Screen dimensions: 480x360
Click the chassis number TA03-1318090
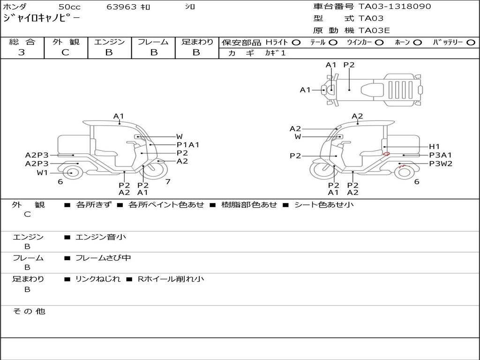pyautogui.click(x=395, y=7)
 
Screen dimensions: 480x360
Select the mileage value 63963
pyautogui.click(x=121, y=7)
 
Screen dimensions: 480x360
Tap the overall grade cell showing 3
pyautogui.click(x=22, y=52)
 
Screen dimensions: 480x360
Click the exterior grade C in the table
pyautogui.click(x=65, y=52)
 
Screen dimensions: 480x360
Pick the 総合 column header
pyautogui.click(x=22, y=42)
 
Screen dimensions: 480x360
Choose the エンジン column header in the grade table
pyautogui.click(x=109, y=42)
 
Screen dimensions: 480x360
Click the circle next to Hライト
pyautogui.click(x=296, y=43)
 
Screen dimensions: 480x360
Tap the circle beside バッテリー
pyautogui.click(x=471, y=43)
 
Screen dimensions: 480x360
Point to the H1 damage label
pyautogui.click(x=435, y=146)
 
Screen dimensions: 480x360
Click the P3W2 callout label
pyautogui.click(x=441, y=164)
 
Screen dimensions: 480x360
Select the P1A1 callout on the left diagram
pyautogui.click(x=187, y=145)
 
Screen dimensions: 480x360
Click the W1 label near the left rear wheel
pyautogui.click(x=43, y=172)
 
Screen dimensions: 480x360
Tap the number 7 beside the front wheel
pyautogui.click(x=167, y=181)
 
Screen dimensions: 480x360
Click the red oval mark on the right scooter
pyautogui.click(x=386, y=153)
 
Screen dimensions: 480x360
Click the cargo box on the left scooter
pyautogui.click(x=73, y=143)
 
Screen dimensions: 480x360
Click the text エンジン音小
pyautogui.click(x=101, y=237)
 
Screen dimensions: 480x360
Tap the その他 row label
pyautogui.click(x=29, y=311)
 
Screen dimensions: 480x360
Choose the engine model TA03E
pyautogui.click(x=374, y=30)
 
